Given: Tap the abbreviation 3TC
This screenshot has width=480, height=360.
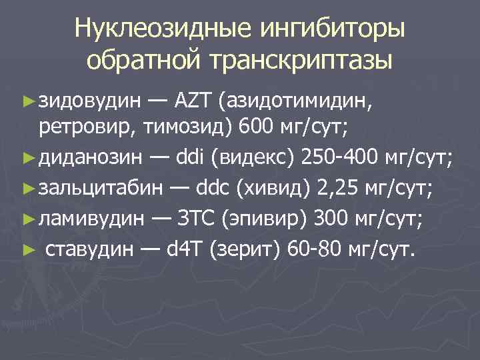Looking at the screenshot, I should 198,218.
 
